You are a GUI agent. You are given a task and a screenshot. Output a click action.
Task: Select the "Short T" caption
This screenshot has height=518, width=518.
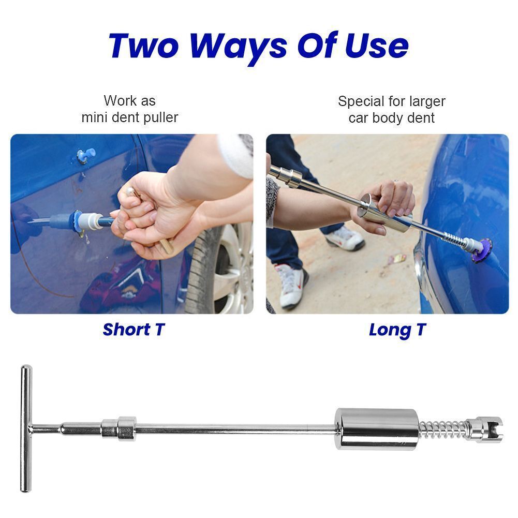click(x=133, y=330)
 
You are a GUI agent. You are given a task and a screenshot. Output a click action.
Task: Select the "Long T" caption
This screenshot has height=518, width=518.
click(x=397, y=330)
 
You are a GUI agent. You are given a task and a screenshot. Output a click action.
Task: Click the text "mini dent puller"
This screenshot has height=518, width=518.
click(x=129, y=117)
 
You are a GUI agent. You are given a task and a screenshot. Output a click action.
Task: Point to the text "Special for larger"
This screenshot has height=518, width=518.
click(x=391, y=101)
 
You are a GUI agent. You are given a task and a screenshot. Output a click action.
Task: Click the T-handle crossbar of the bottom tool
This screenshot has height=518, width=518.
click(x=25, y=428)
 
